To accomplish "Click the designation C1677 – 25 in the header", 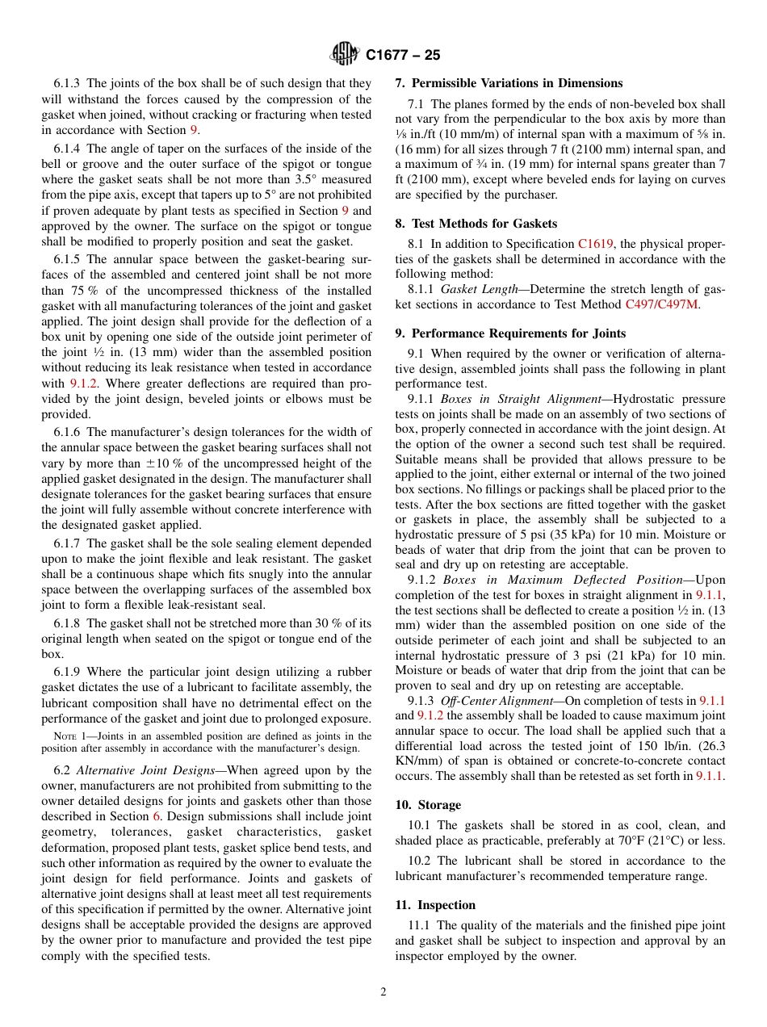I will (403, 56).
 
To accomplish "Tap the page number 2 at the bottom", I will (383, 992).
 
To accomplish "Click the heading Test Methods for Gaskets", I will (482, 224).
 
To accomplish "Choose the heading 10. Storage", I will (428, 805).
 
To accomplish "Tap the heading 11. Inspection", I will (435, 905).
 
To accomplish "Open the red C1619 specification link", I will (595, 243).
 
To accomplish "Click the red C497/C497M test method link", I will (662, 304).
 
